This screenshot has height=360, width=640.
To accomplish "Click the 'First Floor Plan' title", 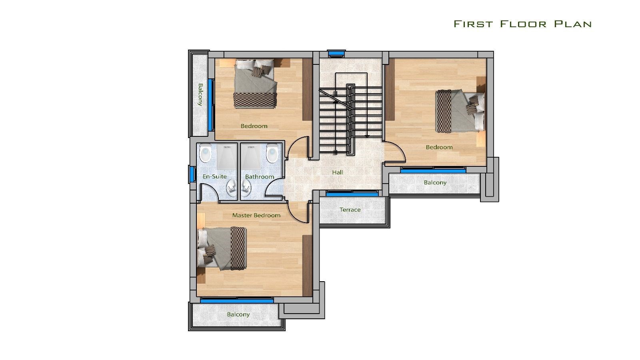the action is click(522, 24).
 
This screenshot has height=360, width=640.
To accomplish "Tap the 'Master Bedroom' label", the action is click(256, 215).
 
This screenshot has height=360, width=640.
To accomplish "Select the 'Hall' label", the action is click(338, 172).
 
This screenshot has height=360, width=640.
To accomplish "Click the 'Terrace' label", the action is click(350, 210).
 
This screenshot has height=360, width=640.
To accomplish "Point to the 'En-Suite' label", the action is click(214, 176).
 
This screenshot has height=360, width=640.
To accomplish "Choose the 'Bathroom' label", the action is click(260, 176).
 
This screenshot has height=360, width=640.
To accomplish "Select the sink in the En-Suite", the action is click(232, 188).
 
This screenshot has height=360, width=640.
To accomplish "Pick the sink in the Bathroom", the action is click(246, 188).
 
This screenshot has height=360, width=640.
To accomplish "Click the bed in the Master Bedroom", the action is click(222, 248).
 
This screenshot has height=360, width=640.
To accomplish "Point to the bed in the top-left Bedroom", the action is click(256, 84).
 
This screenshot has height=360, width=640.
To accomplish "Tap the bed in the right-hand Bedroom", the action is click(460, 111).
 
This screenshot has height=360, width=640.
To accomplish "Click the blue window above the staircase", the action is click(336, 53).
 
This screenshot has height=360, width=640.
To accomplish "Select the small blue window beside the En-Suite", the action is click(192, 174).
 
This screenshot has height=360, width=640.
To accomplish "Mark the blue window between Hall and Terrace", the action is click(352, 194).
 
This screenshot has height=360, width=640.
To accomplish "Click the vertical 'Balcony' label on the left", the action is click(200, 94).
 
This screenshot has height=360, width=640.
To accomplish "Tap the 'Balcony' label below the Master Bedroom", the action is click(238, 314).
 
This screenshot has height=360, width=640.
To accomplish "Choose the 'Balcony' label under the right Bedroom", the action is click(435, 182).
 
